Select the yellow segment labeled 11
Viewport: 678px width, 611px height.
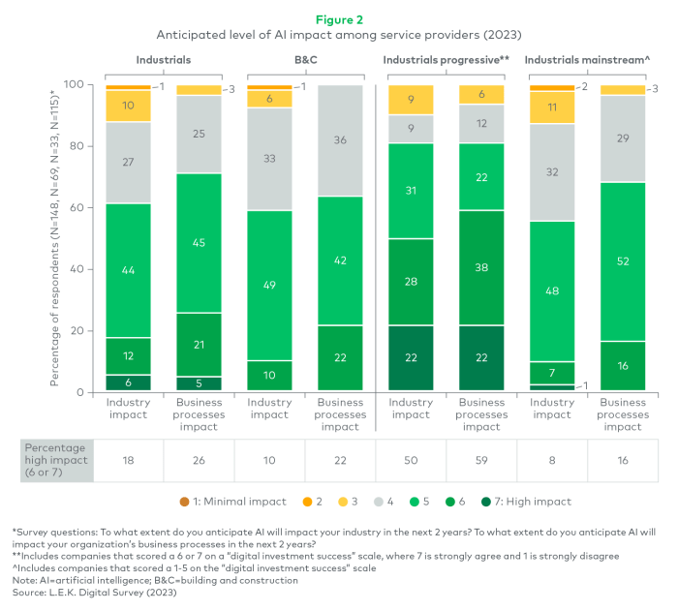(553, 107)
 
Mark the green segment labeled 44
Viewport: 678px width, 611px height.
(128, 270)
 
